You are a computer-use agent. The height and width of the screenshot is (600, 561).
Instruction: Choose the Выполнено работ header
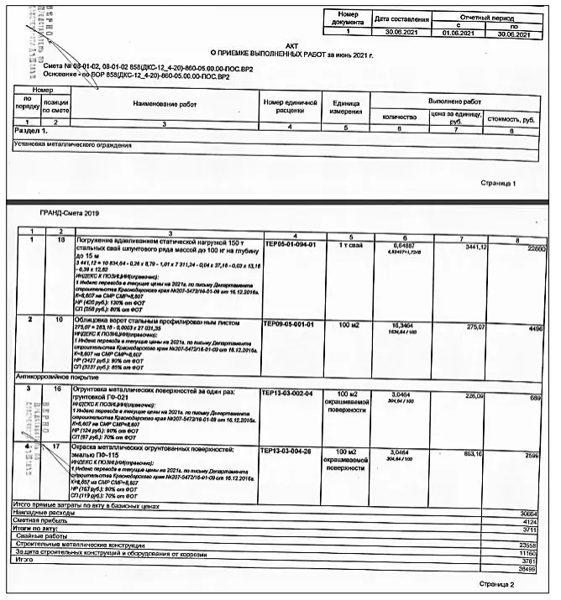(x=460, y=100)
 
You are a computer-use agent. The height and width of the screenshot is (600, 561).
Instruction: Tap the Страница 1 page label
(x=498, y=182)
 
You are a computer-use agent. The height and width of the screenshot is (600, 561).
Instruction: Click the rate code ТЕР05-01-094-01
(x=289, y=244)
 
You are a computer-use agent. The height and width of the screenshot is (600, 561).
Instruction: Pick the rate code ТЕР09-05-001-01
(x=289, y=323)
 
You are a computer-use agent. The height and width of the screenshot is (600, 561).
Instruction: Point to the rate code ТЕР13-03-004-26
(x=289, y=451)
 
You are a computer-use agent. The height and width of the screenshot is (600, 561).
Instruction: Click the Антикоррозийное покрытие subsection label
(x=51, y=377)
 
